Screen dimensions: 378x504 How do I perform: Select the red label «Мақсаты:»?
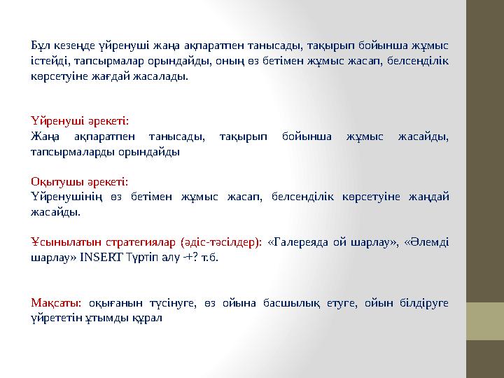(x=57, y=302)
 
